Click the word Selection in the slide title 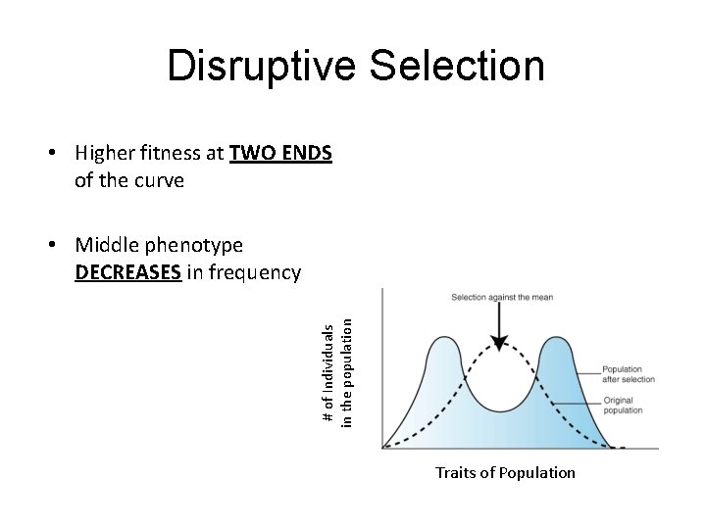[x=458, y=67]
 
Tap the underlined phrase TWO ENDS [x=280, y=153]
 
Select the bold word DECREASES [x=126, y=272]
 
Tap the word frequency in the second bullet [x=252, y=272]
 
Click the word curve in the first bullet [x=163, y=181]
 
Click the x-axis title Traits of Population [x=505, y=473]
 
